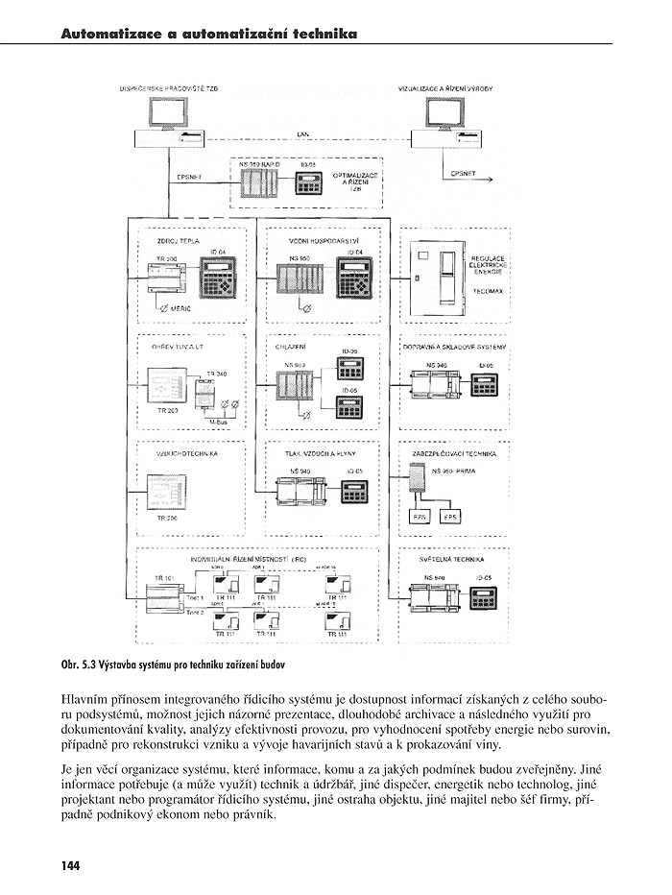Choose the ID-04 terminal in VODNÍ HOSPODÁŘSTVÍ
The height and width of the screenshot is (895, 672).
tap(357, 283)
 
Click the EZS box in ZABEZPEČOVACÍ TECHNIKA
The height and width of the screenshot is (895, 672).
tap(419, 517)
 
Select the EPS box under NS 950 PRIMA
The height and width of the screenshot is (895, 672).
tap(452, 517)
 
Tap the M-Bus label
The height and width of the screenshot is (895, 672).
tap(218, 419)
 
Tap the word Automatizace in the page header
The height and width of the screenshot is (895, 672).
tap(111, 34)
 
